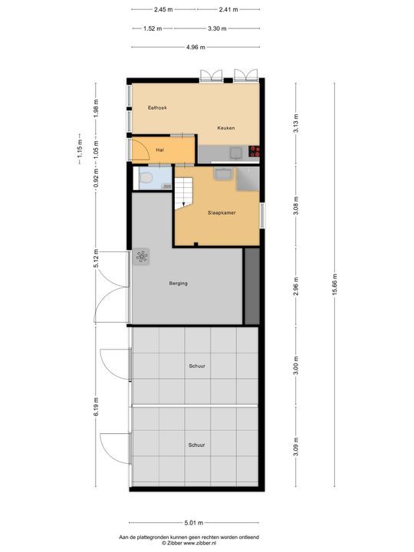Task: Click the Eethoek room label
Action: coord(157,108)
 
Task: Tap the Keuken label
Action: coord(225,128)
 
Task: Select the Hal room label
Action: coord(160,149)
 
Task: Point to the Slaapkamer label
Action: coord(222,212)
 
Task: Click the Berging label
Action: coord(179,284)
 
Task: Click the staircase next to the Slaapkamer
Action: coord(185,194)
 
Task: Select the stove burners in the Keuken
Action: coord(254,152)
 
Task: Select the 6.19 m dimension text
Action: coord(96,406)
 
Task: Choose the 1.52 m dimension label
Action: coord(153,28)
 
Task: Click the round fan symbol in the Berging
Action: coord(142,258)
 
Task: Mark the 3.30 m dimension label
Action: coord(217,28)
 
